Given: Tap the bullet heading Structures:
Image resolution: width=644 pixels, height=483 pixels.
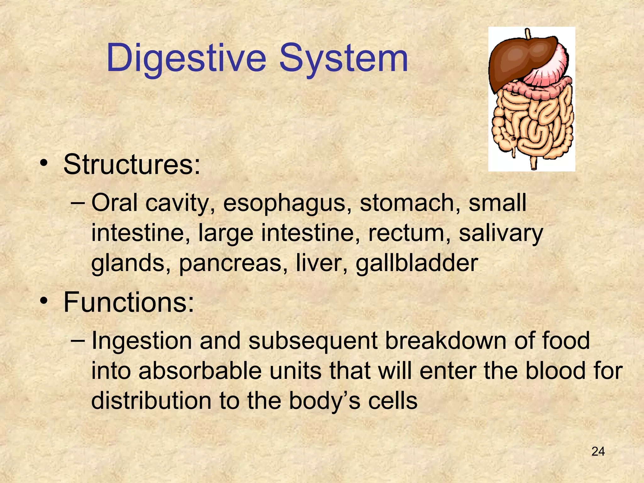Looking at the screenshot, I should pyautogui.click(x=131, y=165).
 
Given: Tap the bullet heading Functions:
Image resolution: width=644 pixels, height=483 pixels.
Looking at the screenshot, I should pyautogui.click(x=129, y=303).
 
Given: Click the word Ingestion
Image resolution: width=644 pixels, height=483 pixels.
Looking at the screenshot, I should pyautogui.click(x=142, y=341).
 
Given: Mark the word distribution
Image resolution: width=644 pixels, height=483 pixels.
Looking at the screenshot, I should pyautogui.click(x=151, y=401).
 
